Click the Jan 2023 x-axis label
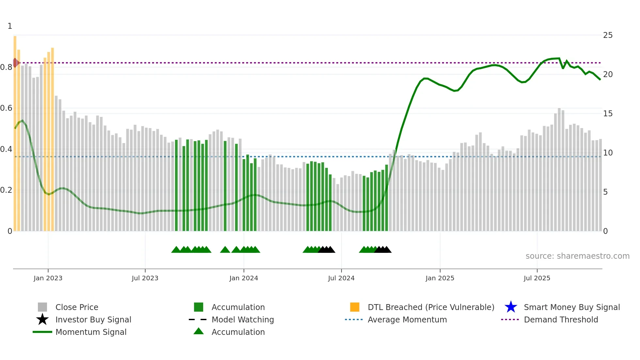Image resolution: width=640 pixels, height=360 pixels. (48, 278)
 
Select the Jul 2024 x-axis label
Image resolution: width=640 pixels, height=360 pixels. (341, 278)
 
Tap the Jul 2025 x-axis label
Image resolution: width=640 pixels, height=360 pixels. (537, 278)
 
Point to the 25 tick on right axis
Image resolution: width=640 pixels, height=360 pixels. (608, 35)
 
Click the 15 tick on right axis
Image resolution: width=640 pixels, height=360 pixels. (608, 114)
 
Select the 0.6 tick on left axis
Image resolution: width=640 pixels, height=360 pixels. (6, 108)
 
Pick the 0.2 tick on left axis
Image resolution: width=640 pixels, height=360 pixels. (6, 190)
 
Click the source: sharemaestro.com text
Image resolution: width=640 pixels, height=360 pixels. (577, 256)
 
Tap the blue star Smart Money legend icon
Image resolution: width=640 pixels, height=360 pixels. (511, 307)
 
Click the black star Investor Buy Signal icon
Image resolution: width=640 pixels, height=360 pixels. (42, 319)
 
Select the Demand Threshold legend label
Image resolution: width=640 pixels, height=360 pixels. (561, 319)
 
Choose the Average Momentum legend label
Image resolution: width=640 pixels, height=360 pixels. (407, 319)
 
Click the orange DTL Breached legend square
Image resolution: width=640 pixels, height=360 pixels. (355, 307)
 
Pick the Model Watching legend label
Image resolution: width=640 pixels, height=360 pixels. (243, 319)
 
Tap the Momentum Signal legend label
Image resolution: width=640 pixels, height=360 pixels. (91, 332)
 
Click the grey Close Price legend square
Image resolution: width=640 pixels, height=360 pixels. (42, 307)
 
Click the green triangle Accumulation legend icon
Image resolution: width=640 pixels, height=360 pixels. (199, 331)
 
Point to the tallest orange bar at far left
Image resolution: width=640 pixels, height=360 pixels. (15, 131)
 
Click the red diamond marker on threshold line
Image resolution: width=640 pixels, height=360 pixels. (15, 63)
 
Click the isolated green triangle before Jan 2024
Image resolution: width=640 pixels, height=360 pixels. (225, 250)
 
